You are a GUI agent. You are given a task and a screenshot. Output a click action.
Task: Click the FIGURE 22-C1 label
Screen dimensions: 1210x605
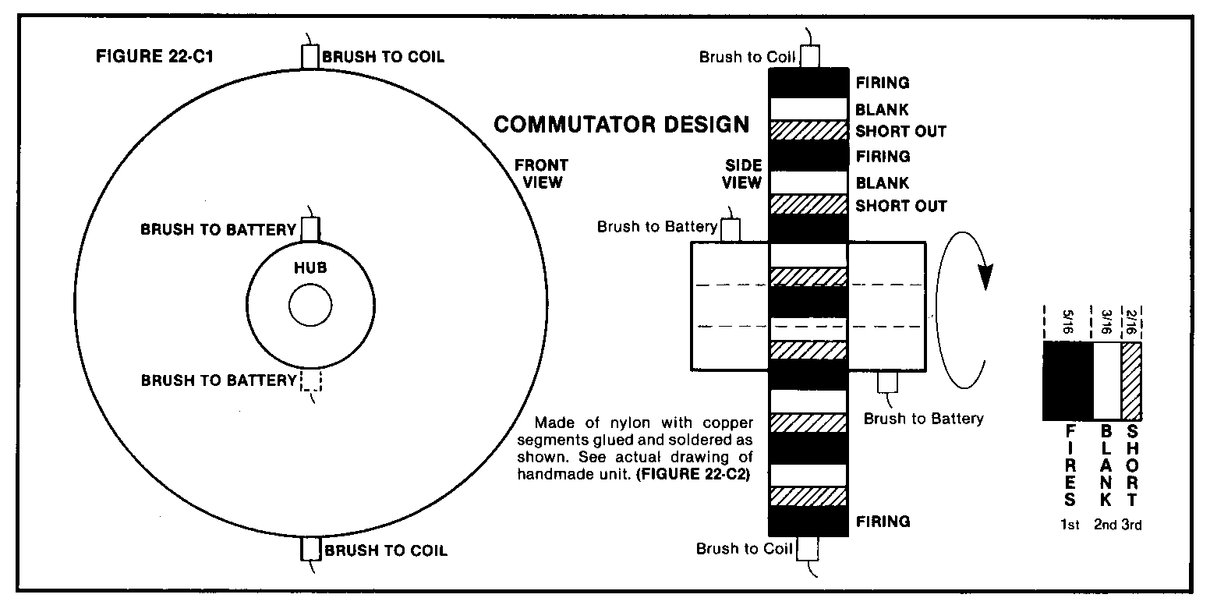click(154, 56)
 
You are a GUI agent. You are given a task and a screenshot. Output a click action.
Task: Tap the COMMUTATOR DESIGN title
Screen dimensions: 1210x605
click(621, 124)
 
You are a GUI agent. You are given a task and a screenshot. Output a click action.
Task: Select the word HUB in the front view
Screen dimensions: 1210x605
click(310, 267)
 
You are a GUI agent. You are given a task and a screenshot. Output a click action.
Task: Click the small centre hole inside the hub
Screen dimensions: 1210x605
click(310, 305)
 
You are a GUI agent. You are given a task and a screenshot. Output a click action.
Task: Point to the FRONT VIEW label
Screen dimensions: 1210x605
click(542, 173)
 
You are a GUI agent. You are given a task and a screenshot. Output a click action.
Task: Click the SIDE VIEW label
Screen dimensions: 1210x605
click(742, 173)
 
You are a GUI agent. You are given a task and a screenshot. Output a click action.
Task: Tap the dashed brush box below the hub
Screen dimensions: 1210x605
click(310, 380)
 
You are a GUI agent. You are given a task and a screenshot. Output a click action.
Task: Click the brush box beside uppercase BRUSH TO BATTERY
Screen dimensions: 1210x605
click(310, 229)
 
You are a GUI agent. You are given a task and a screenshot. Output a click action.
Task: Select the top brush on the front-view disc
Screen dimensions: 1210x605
click(310, 57)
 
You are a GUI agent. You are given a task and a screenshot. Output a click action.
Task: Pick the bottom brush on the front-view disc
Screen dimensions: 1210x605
click(310, 549)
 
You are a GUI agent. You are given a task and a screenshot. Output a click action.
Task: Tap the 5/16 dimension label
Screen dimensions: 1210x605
click(1067, 322)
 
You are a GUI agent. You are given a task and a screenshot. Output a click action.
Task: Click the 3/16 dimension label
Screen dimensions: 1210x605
click(1106, 322)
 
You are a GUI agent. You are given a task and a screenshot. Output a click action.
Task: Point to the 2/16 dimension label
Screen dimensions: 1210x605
click(1132, 322)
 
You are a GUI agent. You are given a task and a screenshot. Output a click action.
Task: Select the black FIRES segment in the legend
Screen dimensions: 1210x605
click(1068, 380)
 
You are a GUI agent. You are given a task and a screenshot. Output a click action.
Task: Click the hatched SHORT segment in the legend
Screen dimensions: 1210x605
click(1132, 380)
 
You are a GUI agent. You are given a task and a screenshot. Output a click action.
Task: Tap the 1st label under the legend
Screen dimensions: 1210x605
click(1070, 525)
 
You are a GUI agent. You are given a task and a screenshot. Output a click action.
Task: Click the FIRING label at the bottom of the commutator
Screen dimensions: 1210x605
click(883, 522)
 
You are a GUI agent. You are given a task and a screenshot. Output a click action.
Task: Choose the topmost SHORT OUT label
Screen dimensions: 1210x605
click(901, 131)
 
